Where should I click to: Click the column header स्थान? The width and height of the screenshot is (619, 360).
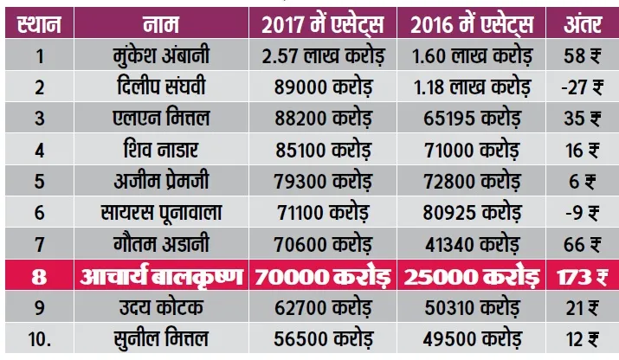(x=39, y=24)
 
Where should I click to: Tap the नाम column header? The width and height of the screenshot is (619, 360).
(x=161, y=24)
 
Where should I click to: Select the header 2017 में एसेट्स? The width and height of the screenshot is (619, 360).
(x=323, y=24)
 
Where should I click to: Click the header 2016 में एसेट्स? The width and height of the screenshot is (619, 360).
(x=472, y=24)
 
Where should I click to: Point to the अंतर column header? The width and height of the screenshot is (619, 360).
(x=583, y=23)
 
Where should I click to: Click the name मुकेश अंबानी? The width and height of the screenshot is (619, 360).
(x=161, y=55)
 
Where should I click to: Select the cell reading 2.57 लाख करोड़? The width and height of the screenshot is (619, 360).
(x=323, y=56)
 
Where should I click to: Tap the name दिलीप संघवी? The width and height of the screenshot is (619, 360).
(x=161, y=86)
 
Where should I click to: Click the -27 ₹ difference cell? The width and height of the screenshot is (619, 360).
(x=583, y=87)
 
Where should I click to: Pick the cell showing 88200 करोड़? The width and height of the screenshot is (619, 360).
(x=323, y=119)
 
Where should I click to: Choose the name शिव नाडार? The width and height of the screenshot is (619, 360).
(x=161, y=150)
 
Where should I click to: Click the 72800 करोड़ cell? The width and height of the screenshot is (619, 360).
(x=472, y=182)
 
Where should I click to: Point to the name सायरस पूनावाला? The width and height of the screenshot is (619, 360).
(x=161, y=213)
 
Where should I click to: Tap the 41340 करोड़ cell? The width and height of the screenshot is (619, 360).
(x=472, y=244)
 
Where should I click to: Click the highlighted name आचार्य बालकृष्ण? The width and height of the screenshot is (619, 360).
(x=161, y=276)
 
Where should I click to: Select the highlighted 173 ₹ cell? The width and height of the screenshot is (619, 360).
(x=583, y=277)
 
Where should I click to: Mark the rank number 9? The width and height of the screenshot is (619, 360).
(x=40, y=308)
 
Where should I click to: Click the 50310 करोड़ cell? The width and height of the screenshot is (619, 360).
(x=472, y=307)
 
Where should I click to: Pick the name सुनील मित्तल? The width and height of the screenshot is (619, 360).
(x=161, y=338)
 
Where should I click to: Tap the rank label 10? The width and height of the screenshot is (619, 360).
(x=40, y=339)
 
